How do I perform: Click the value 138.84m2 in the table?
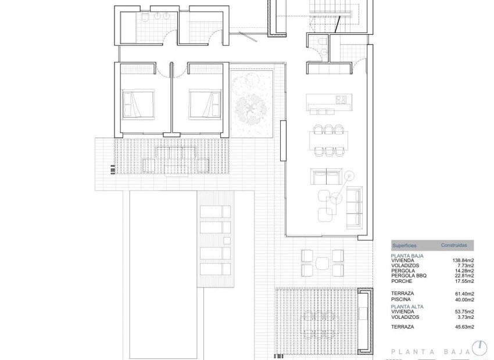tap(463, 261)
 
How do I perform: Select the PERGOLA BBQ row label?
tap(409, 276)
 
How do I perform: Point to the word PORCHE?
tap(402, 281)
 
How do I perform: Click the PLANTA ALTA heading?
tap(407, 307)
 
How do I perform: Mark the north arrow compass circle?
tap(479, 348)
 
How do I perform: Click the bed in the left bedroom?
tap(138, 104)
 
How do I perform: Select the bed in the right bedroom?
tap(205, 104)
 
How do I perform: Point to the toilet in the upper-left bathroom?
tap(143, 21)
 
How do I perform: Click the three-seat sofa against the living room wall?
tap(354, 207)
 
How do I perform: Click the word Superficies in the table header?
tap(404, 246)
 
